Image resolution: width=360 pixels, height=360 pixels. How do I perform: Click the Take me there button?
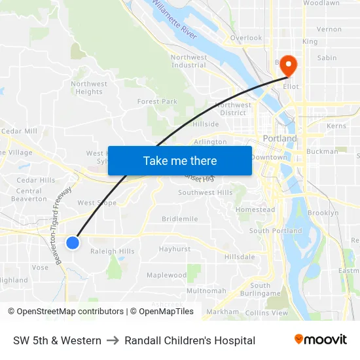point(180,160)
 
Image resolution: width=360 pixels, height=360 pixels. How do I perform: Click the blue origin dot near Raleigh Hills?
point(73,243)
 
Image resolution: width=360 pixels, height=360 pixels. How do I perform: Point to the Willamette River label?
point(174,20)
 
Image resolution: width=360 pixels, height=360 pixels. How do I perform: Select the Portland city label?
point(279,139)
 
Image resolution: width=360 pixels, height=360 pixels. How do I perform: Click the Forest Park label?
point(157,101)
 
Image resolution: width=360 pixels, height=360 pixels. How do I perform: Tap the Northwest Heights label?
point(89,88)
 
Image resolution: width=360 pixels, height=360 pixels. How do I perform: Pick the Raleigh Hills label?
point(113,251)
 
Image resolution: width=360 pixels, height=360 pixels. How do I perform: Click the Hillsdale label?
point(240,257)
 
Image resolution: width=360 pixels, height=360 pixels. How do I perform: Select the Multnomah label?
point(206,291)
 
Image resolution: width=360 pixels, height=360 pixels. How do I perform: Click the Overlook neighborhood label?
point(246,38)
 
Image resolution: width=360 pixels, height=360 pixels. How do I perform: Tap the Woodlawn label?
point(321,3)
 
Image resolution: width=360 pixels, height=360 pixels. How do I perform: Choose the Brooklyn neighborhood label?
point(323,213)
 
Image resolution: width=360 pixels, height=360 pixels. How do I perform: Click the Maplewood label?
point(166,276)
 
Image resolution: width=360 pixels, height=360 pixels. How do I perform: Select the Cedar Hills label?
point(36,180)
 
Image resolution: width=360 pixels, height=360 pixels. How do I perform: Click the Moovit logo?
point(321,340)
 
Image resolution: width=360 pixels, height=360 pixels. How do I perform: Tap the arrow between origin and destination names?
point(113,340)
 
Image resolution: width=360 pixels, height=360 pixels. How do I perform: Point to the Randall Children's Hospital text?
point(190,340)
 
